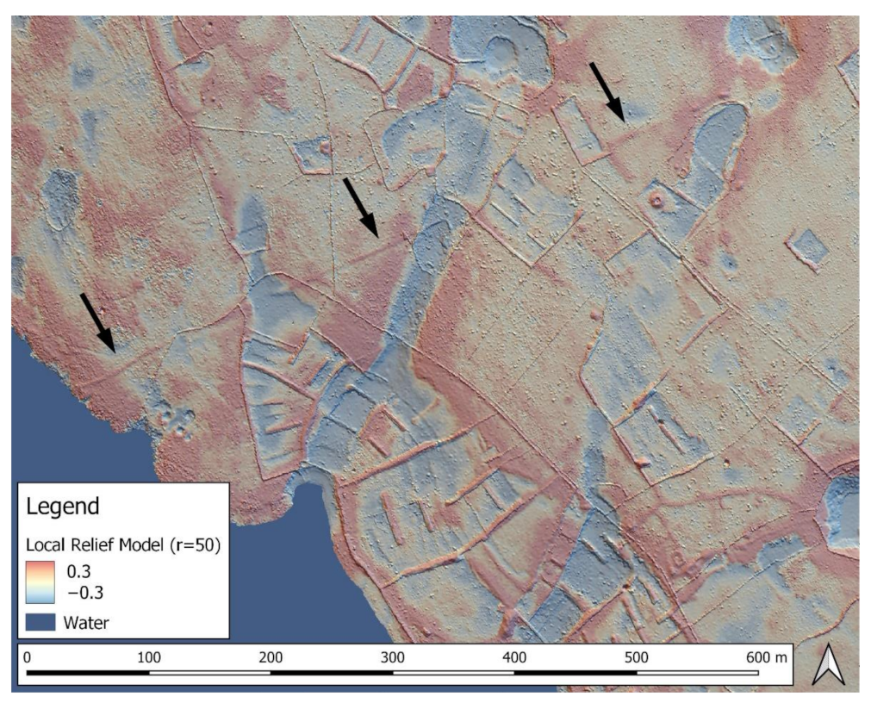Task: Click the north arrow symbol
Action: click(829, 666)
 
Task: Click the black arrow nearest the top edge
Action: click(608, 89)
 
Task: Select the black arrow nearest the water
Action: click(97, 322)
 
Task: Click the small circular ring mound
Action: click(658, 201)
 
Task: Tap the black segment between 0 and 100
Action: click(89, 671)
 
